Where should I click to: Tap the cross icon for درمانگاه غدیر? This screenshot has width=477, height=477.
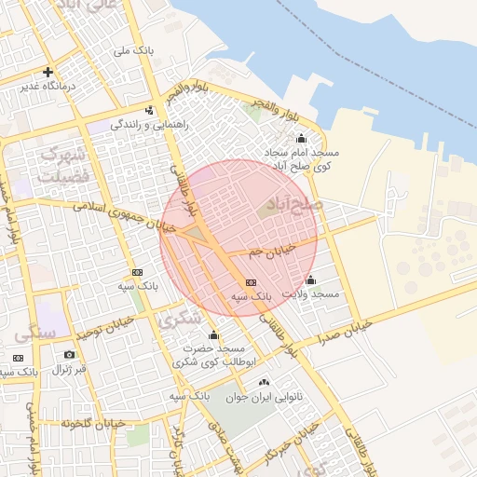pyautogui.click(x=48, y=72)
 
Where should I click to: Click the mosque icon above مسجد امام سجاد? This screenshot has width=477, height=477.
pyautogui.click(x=300, y=140)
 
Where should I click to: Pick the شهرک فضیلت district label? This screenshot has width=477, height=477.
pyautogui.click(x=62, y=162)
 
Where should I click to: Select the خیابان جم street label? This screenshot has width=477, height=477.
pyautogui.click(x=273, y=248)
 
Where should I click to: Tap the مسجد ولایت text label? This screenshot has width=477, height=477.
pyautogui.click(x=311, y=293)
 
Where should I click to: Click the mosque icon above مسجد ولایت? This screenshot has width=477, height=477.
pyautogui.click(x=310, y=280)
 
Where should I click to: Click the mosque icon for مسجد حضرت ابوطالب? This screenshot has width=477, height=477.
pyautogui.click(x=213, y=335)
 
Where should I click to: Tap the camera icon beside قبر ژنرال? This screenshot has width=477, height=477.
pyautogui.click(x=69, y=354)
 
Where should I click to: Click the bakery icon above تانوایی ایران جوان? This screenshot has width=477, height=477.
pyautogui.click(x=264, y=383)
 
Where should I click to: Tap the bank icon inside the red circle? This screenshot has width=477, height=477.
pyautogui.click(x=250, y=282)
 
